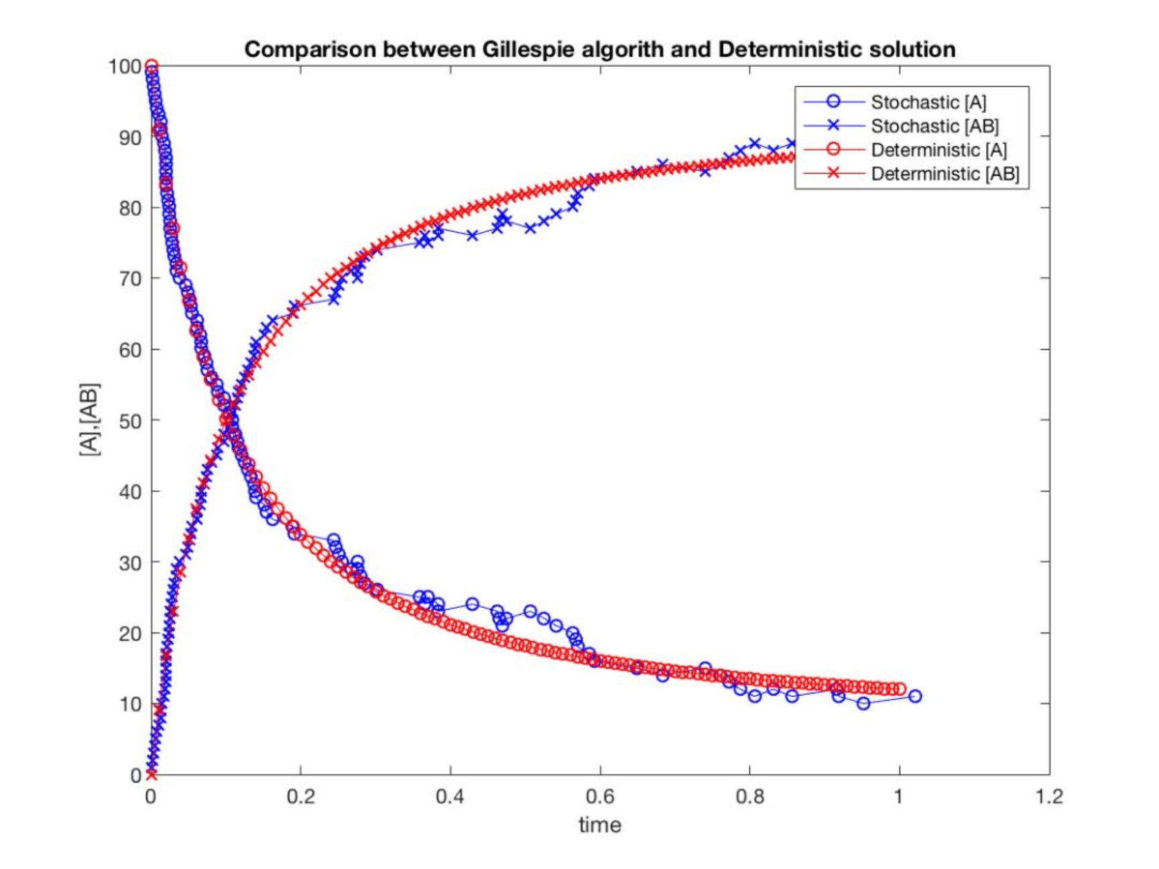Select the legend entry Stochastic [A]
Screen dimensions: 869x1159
click(928, 102)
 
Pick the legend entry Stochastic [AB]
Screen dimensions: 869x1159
click(934, 126)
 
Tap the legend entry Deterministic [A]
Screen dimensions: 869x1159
click(938, 149)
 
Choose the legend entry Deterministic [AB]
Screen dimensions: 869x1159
click(944, 174)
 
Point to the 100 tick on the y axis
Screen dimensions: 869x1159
click(125, 66)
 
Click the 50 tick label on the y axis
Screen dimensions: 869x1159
click(130, 421)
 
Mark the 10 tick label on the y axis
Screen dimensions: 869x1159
click(130, 704)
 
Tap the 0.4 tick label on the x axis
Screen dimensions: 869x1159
click(450, 796)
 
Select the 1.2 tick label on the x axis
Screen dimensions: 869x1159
click(1049, 796)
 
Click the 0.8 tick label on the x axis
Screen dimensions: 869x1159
click(749, 796)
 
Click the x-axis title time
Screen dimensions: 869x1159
click(600, 825)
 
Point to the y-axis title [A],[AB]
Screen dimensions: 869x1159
click(89, 420)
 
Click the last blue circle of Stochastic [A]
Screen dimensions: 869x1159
click(915, 696)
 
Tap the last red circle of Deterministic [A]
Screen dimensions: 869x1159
click(900, 689)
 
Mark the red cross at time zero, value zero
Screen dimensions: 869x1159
click(151, 775)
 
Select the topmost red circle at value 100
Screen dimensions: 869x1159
click(151, 66)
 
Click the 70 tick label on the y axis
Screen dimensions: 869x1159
click(130, 279)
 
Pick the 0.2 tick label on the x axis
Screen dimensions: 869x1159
click(300, 796)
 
